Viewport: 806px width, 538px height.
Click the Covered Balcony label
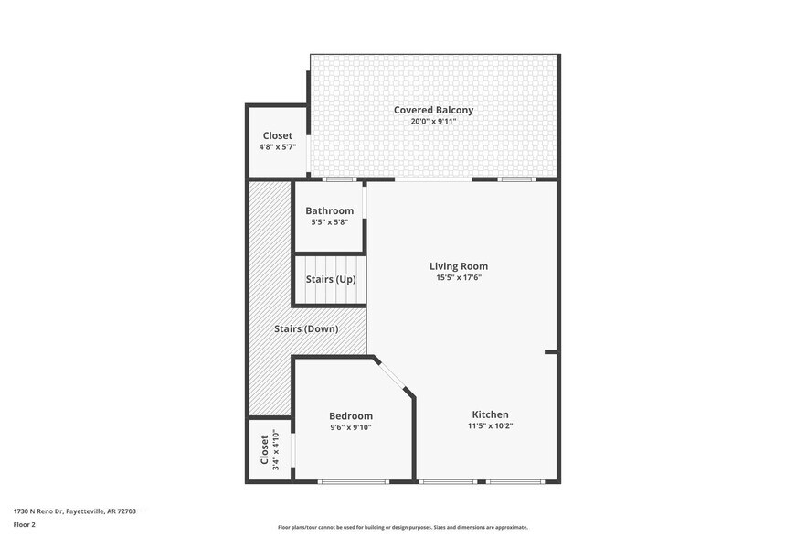[x=433, y=110]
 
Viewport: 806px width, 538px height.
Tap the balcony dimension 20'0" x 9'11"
[x=433, y=122]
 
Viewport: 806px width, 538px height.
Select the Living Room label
[x=459, y=266]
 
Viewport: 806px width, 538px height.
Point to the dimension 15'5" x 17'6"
[x=459, y=278]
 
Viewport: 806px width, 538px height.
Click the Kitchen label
[x=490, y=414]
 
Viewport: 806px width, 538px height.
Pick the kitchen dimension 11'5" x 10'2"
[x=490, y=426]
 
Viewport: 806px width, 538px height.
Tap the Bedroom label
[x=351, y=415]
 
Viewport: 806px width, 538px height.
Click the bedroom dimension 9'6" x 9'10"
[x=351, y=427]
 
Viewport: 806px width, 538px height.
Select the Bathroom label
[x=329, y=210]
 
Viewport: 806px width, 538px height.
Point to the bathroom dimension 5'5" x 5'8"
[x=329, y=222]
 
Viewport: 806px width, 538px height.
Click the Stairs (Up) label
[x=330, y=279]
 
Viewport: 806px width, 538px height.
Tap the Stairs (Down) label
[x=306, y=328]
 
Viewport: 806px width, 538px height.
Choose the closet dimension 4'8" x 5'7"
[x=277, y=146]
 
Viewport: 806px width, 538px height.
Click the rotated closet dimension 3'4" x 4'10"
[x=277, y=450]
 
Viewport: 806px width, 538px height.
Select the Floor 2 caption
[x=25, y=525]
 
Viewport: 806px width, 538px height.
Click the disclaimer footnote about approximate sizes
[x=402, y=528]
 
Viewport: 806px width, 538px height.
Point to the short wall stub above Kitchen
[x=550, y=351]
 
